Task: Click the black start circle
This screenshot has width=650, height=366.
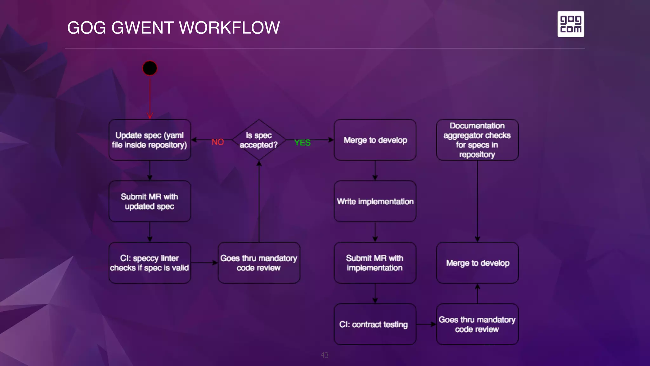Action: (x=150, y=68)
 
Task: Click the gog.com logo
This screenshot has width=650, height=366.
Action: (x=571, y=24)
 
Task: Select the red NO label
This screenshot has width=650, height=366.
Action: (x=218, y=142)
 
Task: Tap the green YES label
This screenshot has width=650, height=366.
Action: (x=302, y=143)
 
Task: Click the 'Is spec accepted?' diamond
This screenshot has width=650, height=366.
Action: (x=259, y=140)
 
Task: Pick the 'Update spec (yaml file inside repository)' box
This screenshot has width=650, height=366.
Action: (x=150, y=140)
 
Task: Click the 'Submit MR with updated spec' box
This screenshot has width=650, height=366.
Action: (x=150, y=201)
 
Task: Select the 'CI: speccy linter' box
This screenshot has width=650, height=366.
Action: (x=150, y=263)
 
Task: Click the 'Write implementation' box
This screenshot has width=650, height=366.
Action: (x=375, y=201)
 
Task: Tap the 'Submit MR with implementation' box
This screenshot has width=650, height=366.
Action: (x=375, y=263)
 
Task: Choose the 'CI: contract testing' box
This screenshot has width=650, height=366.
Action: (x=375, y=324)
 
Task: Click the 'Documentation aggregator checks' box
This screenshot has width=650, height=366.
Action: (x=477, y=140)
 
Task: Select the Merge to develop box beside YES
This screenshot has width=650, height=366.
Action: (x=375, y=140)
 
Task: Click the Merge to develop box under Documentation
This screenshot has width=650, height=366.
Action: (x=477, y=263)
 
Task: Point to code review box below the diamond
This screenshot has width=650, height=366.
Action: (x=259, y=263)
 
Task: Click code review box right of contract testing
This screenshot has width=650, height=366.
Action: (x=477, y=324)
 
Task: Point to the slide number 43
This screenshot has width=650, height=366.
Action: (x=324, y=355)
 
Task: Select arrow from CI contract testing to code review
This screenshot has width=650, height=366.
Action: (x=426, y=324)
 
